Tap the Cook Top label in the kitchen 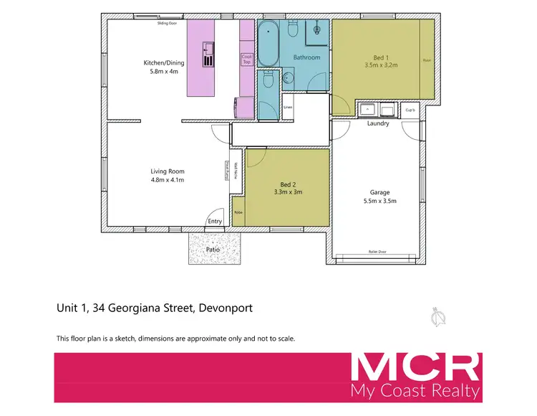[247, 60]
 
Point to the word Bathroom [306, 57]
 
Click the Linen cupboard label [288, 108]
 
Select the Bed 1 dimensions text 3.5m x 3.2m [380, 64]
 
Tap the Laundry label [377, 123]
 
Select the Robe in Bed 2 [238, 213]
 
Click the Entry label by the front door [216, 222]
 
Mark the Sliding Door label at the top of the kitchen [167, 23]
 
